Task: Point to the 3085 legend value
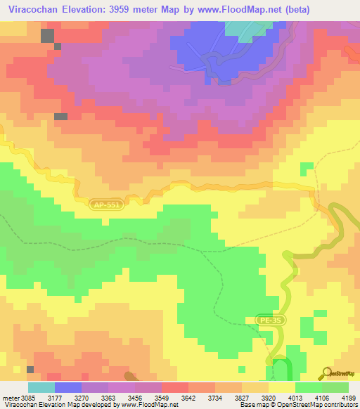tap(28, 398)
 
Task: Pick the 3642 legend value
tap(188, 398)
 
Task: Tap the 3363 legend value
tap(108, 398)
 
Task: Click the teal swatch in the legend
tap(41, 387)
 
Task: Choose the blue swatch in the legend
tap(68, 387)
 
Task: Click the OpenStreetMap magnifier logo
tap(326, 372)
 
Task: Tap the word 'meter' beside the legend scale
tap(10, 398)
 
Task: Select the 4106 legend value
tap(321, 398)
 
